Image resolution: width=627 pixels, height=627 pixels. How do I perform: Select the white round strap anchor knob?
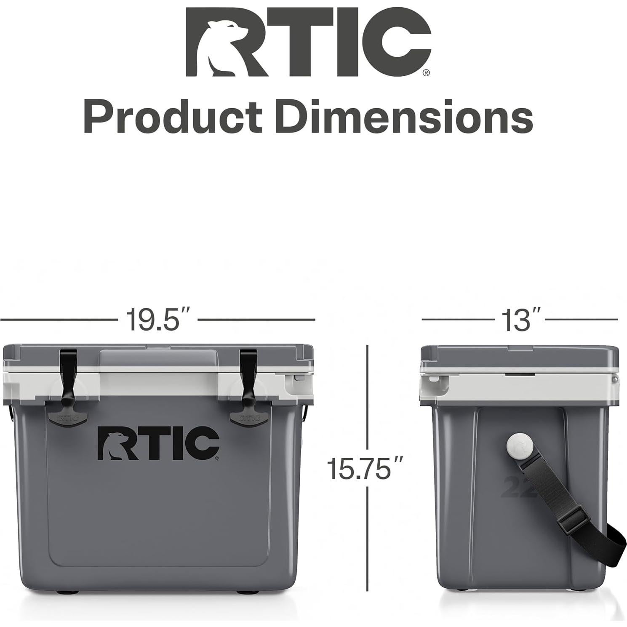pyautogui.click(x=520, y=448)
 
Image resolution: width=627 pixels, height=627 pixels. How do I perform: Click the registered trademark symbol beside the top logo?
pyautogui.click(x=426, y=73)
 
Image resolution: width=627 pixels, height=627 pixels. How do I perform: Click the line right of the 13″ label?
pyautogui.click(x=581, y=320)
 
